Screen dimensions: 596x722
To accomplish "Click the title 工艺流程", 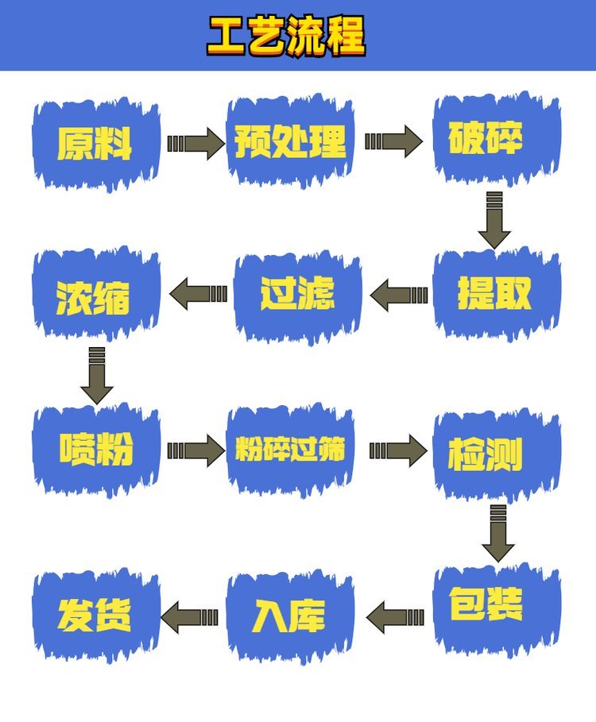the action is pos(286,36).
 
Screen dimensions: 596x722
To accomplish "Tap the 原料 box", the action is pos(96,144).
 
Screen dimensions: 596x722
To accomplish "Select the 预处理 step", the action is pos(290,141).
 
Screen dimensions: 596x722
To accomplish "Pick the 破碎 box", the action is pos(497,138).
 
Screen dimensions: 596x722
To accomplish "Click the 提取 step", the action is pos(497,294).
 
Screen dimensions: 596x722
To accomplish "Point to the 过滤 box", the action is pos(297,295).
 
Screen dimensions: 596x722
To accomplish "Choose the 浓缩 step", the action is pos(96,295).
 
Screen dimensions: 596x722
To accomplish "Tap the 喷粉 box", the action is pos(96,450).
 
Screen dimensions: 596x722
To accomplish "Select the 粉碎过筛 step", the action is pos(290,450).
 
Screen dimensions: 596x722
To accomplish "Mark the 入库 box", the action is pos(290,616).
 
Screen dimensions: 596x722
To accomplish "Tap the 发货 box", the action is pos(96,616).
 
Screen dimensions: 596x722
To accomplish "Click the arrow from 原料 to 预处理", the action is pos(195,144).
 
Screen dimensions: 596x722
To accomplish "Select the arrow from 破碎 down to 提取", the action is pos(494,221).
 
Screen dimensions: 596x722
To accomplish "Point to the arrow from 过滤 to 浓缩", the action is pos(199,294).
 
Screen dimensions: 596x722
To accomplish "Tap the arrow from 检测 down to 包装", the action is pos(498,534).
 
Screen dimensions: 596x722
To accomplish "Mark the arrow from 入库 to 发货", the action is pos(189,617).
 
